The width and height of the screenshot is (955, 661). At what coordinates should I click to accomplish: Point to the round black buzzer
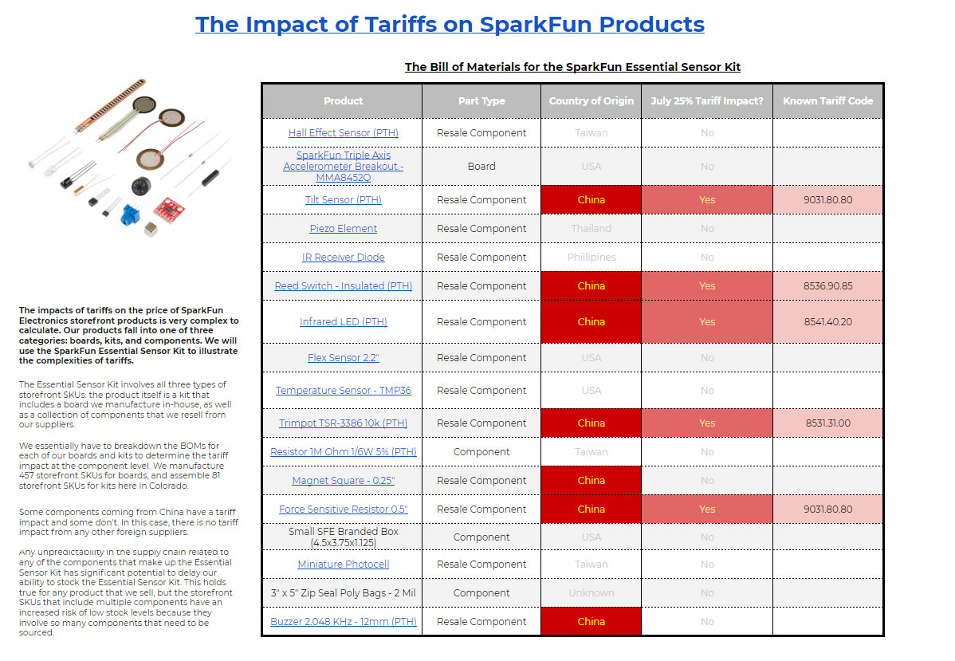[x=140, y=187]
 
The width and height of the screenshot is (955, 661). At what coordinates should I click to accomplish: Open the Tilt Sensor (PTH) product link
[x=343, y=200]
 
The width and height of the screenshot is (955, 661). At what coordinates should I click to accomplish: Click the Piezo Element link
[x=343, y=229]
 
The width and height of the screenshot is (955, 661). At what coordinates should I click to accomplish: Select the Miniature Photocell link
[x=343, y=565]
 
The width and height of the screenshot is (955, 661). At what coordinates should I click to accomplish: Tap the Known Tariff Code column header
[x=827, y=101]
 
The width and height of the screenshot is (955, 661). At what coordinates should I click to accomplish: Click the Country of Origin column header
[x=591, y=101]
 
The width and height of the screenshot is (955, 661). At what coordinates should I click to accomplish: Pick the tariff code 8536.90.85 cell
[x=827, y=286]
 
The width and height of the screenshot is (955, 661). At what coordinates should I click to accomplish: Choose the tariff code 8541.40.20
[x=827, y=322]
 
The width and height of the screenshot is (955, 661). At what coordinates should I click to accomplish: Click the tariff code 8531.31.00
[x=827, y=423]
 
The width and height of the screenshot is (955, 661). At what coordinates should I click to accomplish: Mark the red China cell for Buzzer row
[x=591, y=622]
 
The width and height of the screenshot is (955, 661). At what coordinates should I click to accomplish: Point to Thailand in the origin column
[x=591, y=229]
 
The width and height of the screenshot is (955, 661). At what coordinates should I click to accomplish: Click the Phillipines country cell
[x=591, y=258]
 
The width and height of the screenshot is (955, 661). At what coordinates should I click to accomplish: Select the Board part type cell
[x=481, y=167]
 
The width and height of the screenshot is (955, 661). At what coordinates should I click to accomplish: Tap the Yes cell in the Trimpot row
[x=707, y=423]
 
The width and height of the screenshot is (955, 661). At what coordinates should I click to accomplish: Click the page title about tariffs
[x=450, y=24]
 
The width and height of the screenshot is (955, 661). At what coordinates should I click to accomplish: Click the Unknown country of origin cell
[x=591, y=593]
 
